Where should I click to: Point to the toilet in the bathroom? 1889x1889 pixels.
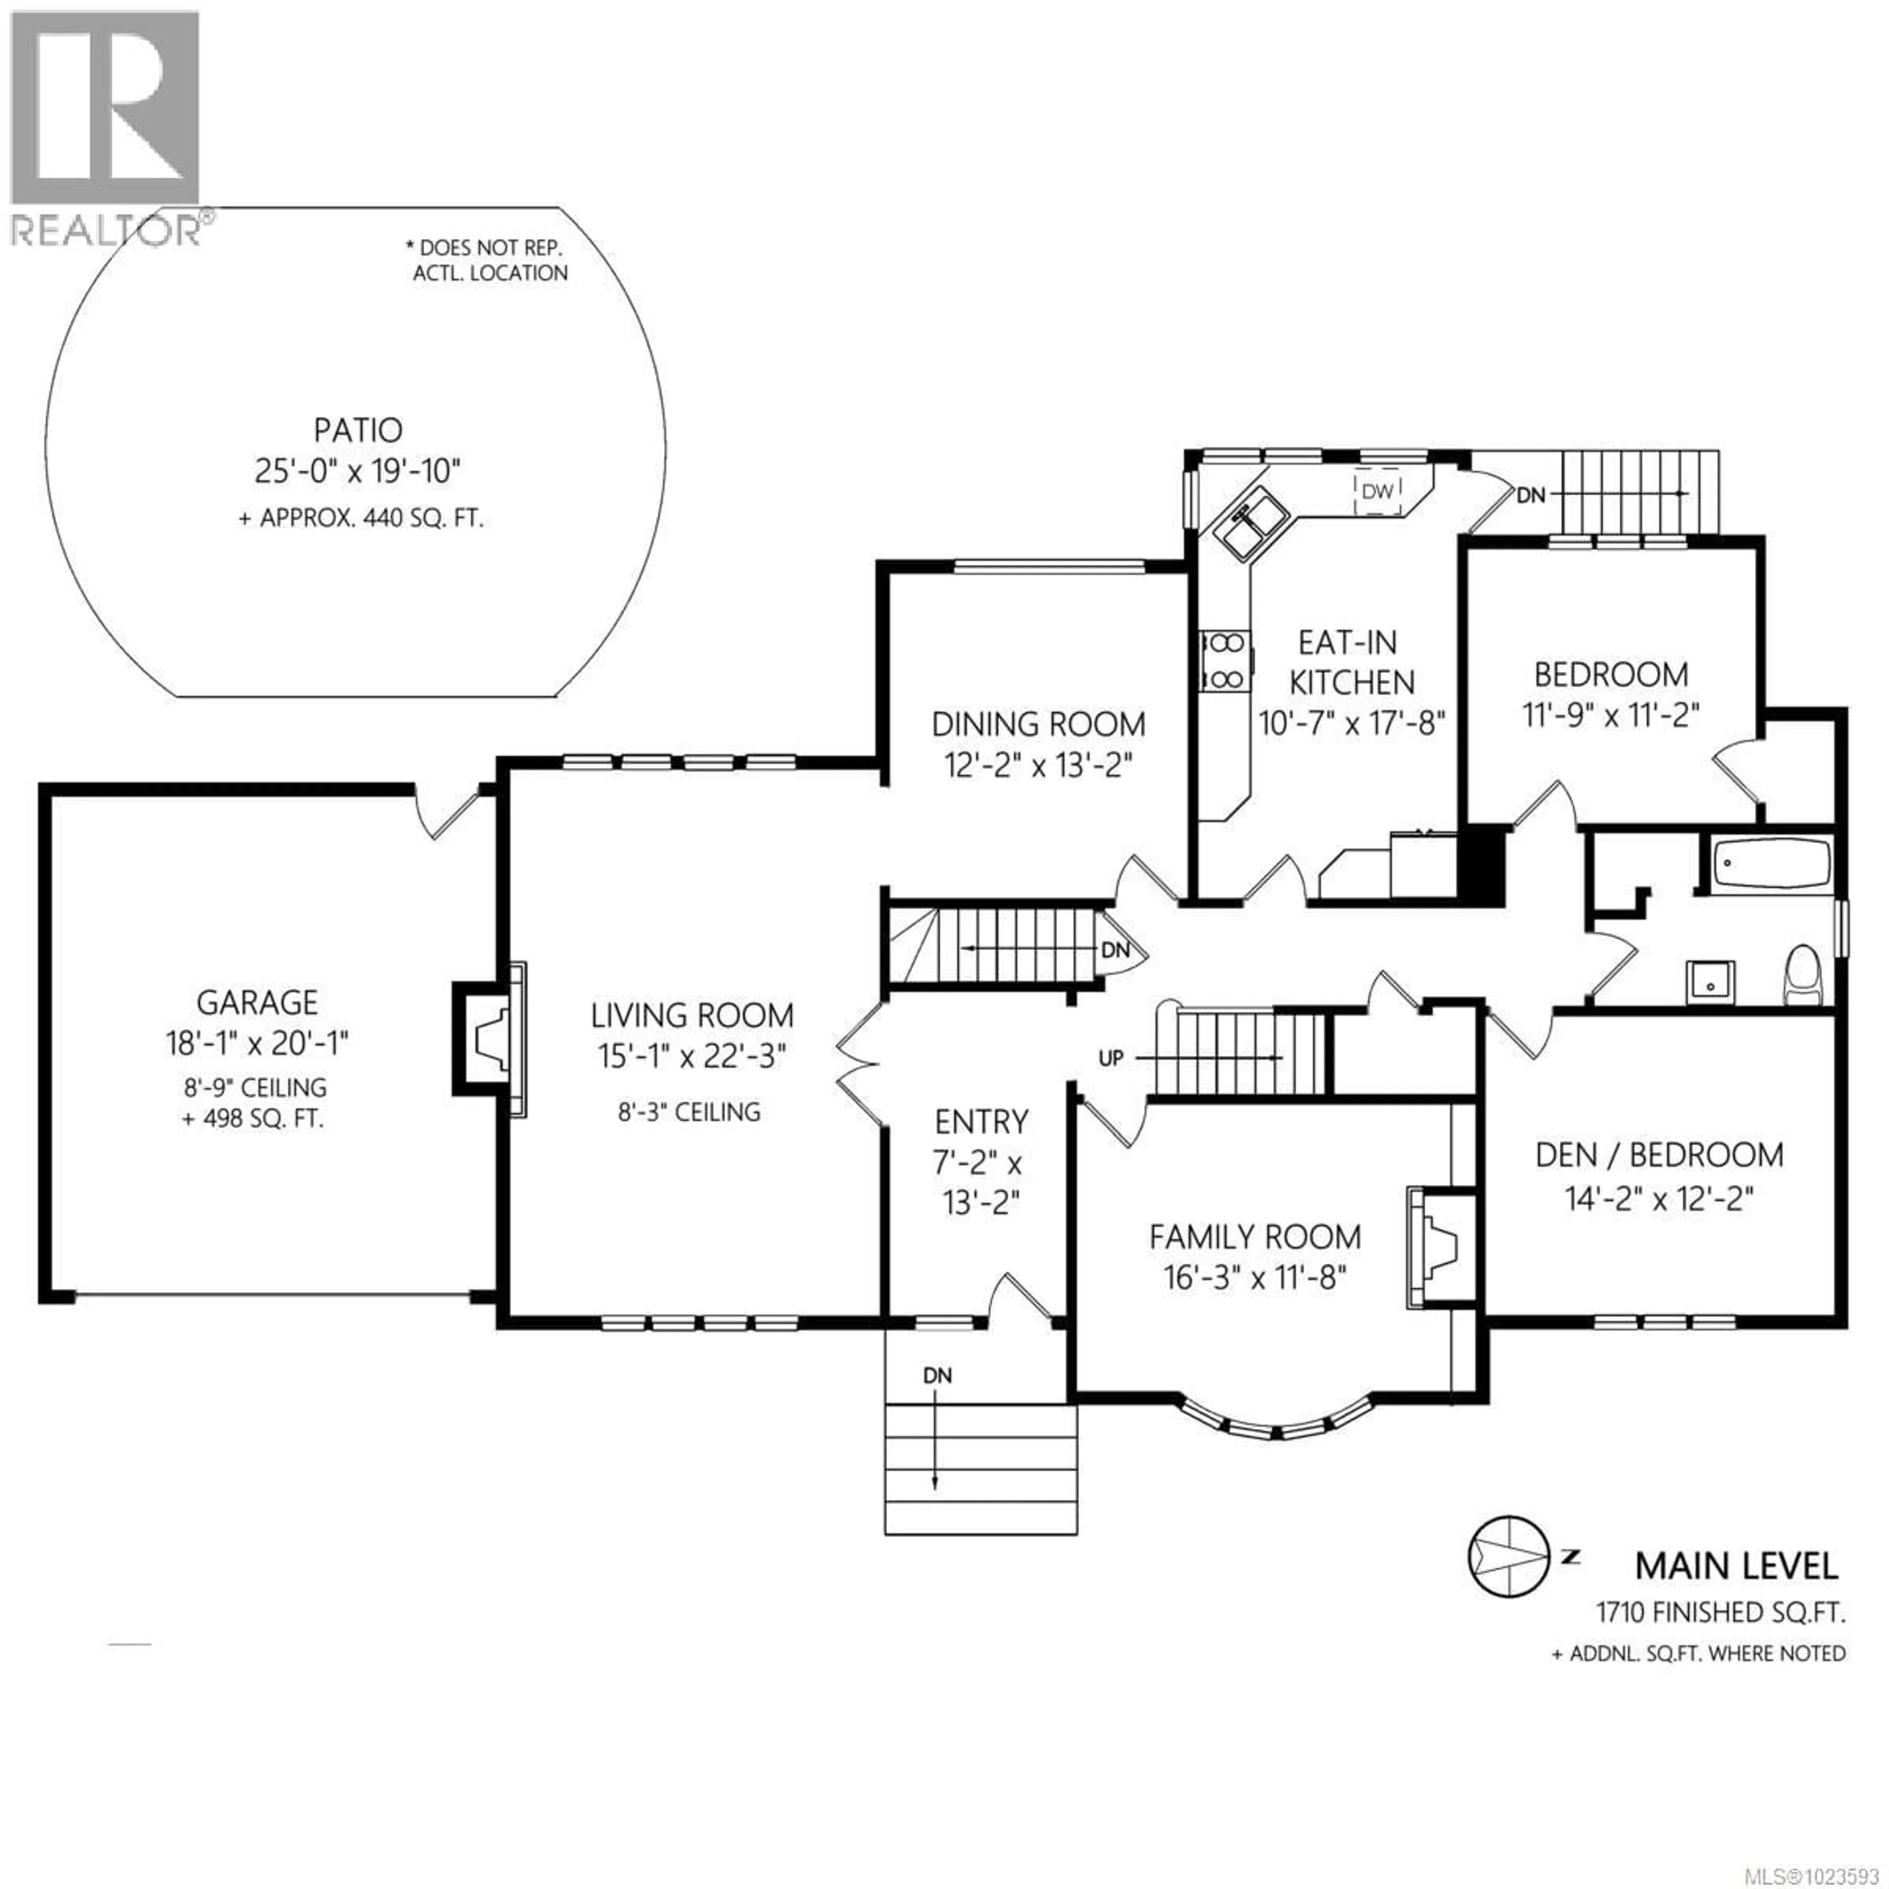(x=1802, y=975)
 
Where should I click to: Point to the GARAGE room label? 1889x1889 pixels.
(x=257, y=1002)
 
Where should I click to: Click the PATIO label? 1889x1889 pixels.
(x=358, y=430)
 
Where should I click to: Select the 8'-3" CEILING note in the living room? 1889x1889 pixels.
(x=688, y=1112)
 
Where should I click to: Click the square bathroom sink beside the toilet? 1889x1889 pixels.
(x=1710, y=982)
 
